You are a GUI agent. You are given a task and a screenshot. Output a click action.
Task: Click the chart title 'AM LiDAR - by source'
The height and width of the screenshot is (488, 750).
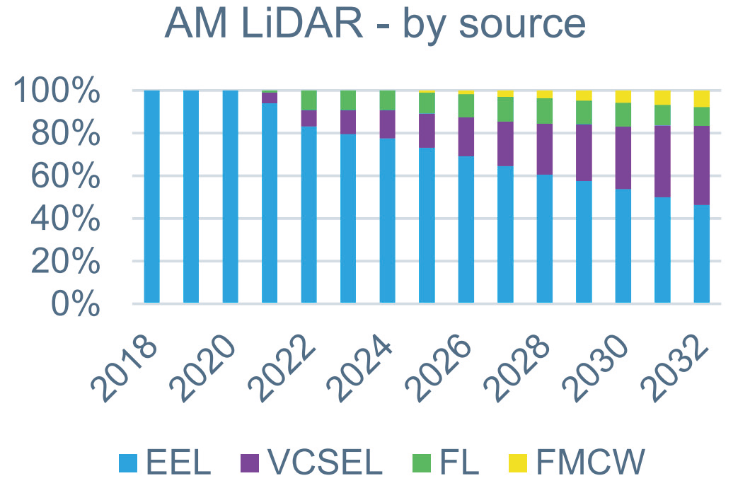[375, 24]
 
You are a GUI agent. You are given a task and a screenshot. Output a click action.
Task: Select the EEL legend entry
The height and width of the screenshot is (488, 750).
[166, 463]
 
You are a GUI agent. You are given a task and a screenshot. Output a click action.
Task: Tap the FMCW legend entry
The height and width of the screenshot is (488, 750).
[577, 463]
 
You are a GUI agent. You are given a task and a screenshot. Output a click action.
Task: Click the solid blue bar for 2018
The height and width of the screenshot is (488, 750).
[151, 198]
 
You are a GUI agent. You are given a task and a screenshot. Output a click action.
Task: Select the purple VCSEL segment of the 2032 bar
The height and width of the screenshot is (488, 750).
[702, 165]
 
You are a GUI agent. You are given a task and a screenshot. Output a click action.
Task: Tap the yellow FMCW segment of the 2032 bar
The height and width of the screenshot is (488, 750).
[702, 98]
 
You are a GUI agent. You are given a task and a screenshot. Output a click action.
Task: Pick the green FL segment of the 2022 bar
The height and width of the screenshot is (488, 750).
[308, 100]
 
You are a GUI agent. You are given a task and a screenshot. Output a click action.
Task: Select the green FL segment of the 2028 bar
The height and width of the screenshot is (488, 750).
[545, 111]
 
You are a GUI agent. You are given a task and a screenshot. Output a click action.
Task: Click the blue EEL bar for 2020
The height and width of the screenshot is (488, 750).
[230, 198]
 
